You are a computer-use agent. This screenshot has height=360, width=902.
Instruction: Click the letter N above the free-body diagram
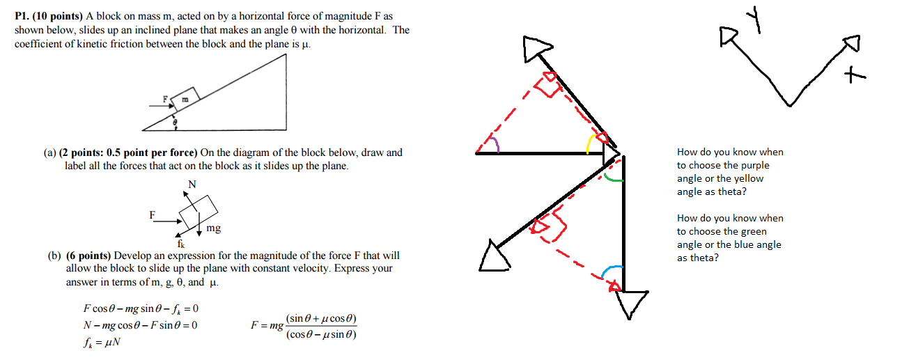click(x=192, y=185)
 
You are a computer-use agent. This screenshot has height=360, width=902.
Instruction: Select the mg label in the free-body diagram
click(x=214, y=228)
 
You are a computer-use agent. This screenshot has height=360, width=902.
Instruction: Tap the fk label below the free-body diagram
click(x=180, y=244)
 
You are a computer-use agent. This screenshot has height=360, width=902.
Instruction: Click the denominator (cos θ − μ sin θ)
click(x=321, y=334)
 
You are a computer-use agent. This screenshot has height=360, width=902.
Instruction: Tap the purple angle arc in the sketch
click(x=494, y=143)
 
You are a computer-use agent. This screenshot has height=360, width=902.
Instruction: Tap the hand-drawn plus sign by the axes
click(x=854, y=75)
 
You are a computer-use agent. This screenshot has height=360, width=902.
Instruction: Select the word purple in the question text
click(x=756, y=165)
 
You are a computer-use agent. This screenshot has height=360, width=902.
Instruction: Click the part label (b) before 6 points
click(x=55, y=256)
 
